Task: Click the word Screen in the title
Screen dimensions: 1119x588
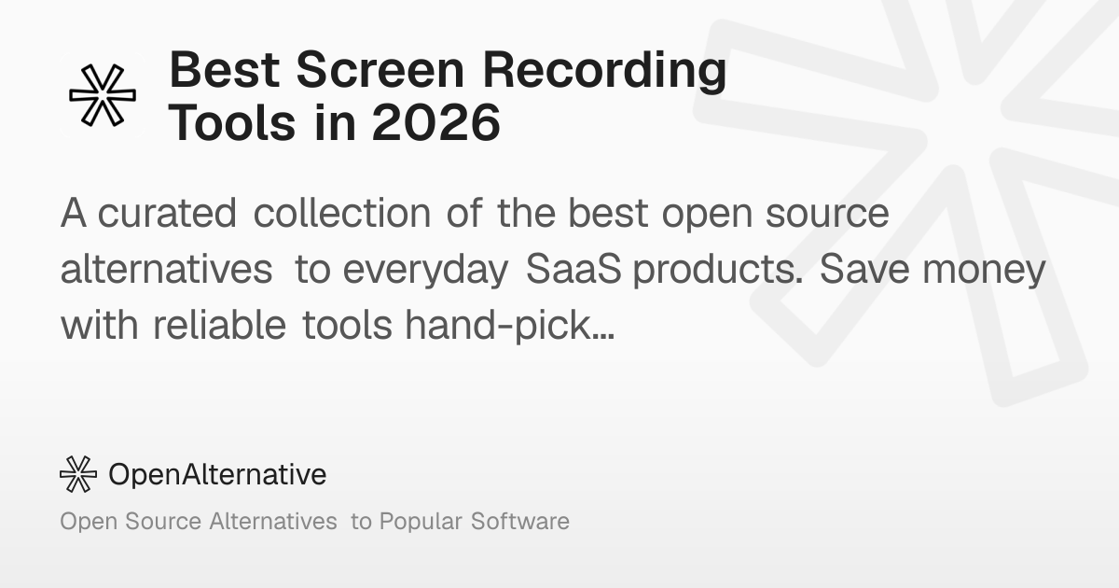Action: (380, 70)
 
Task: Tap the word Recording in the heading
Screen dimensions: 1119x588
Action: (604, 72)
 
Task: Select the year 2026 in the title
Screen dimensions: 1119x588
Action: (436, 122)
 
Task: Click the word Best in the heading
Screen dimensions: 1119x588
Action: (225, 70)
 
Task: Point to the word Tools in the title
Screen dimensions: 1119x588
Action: (232, 122)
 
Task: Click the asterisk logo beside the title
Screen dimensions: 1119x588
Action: (103, 95)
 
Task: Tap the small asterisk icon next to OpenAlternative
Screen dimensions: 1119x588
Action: (78, 474)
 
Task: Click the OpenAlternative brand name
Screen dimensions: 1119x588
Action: (217, 474)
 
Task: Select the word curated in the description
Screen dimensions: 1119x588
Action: (167, 213)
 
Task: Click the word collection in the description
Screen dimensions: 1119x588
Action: (341, 213)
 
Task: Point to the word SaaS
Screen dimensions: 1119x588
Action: (573, 269)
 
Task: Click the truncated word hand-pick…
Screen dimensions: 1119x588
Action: (509, 326)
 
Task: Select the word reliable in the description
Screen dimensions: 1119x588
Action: (219, 325)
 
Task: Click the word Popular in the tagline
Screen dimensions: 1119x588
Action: (421, 522)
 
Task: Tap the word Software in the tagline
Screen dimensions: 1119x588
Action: (520, 521)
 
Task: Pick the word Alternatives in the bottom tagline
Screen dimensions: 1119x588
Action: (273, 521)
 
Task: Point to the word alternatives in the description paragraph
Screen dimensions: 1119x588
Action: (166, 269)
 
